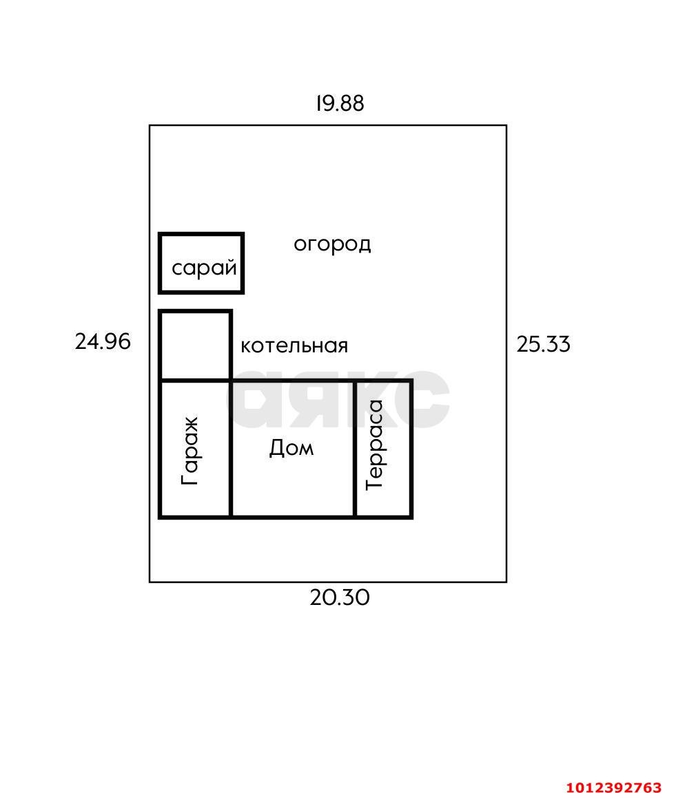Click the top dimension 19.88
pyautogui.click(x=339, y=103)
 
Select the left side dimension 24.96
pyautogui.click(x=102, y=341)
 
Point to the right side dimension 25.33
pyautogui.click(x=543, y=344)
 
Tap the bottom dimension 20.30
pyautogui.click(x=339, y=597)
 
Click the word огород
pyautogui.click(x=332, y=244)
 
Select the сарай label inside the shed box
pyautogui.click(x=204, y=268)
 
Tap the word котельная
pyautogui.click(x=294, y=345)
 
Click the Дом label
pyautogui.click(x=291, y=448)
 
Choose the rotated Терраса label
pyautogui.click(x=375, y=445)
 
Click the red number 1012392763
pyautogui.click(x=613, y=787)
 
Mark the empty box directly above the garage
pyautogui.click(x=195, y=345)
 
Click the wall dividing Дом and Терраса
pyautogui.click(x=355, y=448)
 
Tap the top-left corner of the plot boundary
pyautogui.click(x=150, y=125)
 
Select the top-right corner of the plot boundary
pyautogui.click(x=506, y=125)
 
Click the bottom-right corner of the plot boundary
pyautogui.click(x=506, y=582)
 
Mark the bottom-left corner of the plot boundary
pyautogui.click(x=150, y=582)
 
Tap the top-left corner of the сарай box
pyautogui.click(x=161, y=235)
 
